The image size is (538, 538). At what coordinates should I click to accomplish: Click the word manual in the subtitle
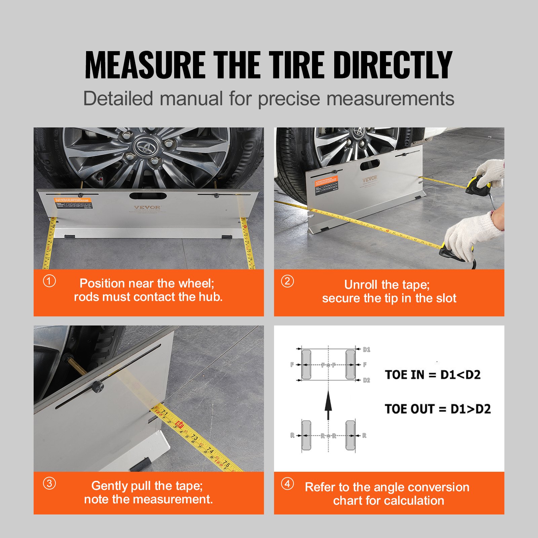click(x=191, y=99)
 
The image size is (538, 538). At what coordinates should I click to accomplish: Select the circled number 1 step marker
click(x=49, y=281)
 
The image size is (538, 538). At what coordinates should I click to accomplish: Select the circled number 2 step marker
click(x=287, y=281)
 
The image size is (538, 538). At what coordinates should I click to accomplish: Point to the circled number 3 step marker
click(x=49, y=484)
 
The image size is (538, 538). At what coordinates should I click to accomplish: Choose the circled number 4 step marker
click(x=287, y=484)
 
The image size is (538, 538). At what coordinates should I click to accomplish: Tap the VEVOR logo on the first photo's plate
click(x=147, y=207)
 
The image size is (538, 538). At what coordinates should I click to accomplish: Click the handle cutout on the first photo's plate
click(x=148, y=196)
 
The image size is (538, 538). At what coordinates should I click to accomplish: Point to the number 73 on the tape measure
click(x=195, y=437)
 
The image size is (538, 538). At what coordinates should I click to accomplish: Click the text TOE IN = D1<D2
click(x=433, y=375)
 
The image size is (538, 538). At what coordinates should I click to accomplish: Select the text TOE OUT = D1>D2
click(x=437, y=409)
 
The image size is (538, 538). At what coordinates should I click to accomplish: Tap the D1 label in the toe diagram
click(x=367, y=350)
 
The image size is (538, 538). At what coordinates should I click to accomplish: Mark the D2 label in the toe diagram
click(x=367, y=380)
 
